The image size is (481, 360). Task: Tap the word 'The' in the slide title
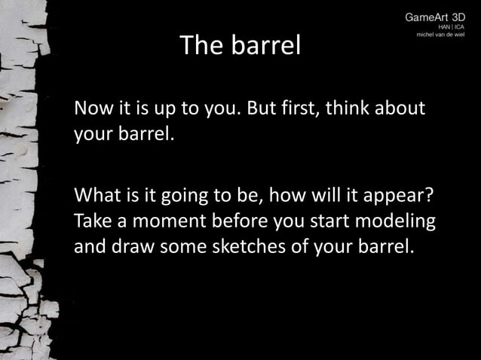(x=198, y=47)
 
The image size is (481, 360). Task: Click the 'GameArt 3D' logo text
(x=435, y=17)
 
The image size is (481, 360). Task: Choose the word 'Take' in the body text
(x=91, y=224)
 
